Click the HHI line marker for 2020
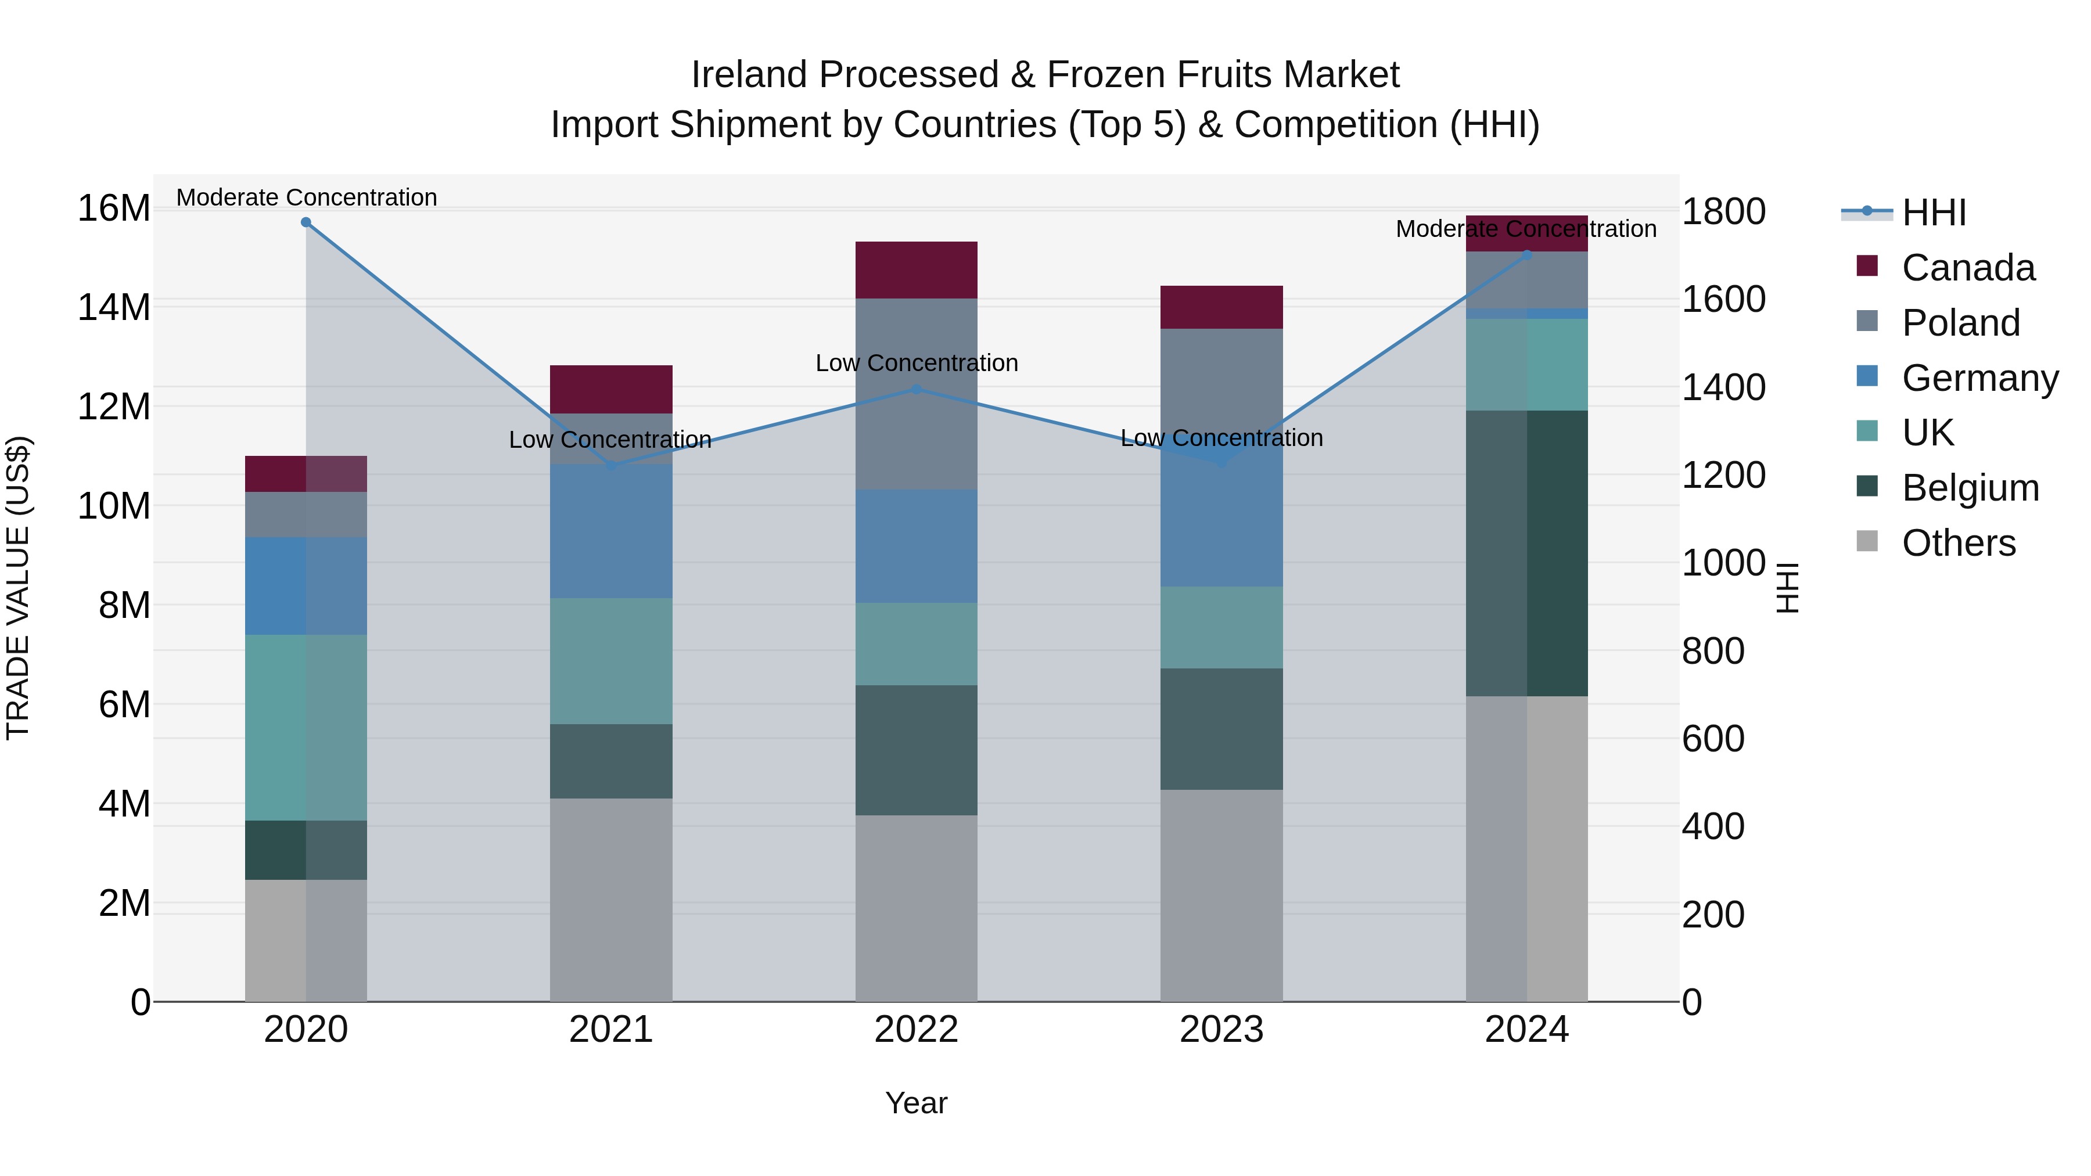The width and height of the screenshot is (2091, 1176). click(x=306, y=222)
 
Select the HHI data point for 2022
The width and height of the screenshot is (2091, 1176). click(x=917, y=390)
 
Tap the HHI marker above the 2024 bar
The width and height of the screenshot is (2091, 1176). click(x=1527, y=255)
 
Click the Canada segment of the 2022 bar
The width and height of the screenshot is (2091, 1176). click(x=917, y=270)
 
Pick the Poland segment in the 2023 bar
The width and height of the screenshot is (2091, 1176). click(x=1221, y=382)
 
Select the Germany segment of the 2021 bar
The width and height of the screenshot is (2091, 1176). click(x=611, y=531)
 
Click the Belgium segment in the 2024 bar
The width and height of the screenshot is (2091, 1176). click(x=1527, y=553)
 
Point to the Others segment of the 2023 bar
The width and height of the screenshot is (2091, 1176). click(x=1221, y=895)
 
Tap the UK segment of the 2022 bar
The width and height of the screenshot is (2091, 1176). click(x=917, y=643)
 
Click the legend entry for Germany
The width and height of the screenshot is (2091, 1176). click(x=1980, y=378)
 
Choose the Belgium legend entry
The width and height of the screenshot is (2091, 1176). click(x=1970, y=488)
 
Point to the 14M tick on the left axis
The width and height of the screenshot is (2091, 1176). click(x=114, y=308)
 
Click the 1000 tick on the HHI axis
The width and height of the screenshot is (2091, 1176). click(x=1723, y=563)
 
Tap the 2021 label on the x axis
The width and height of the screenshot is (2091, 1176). click(x=611, y=1030)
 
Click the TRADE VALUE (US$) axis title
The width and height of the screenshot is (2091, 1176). click(x=18, y=588)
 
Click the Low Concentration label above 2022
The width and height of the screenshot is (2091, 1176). click(x=917, y=363)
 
